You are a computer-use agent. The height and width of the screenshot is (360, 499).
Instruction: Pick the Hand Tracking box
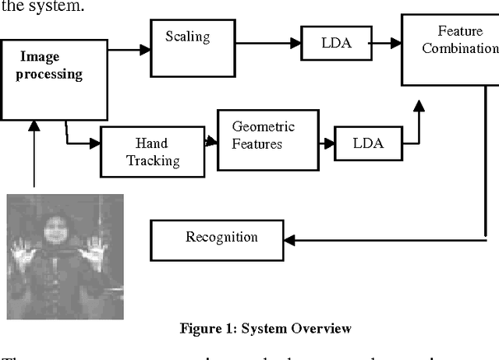pos(152,151)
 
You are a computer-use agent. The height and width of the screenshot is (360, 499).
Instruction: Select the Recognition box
pos(221,238)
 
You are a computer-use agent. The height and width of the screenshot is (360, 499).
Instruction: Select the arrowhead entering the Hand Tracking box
pos(95,143)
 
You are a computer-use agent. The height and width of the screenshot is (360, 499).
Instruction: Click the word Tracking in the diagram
pos(154,161)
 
